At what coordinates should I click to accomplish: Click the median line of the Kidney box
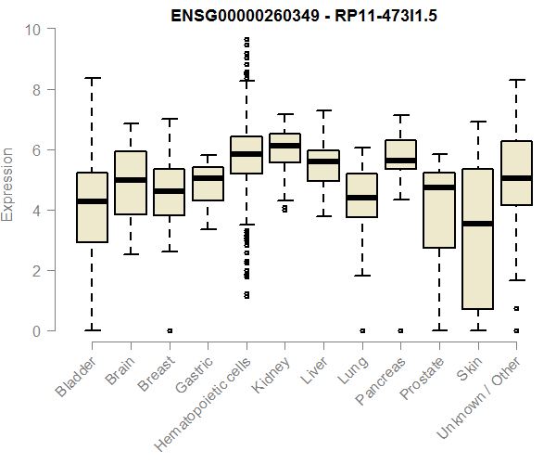(x=284, y=146)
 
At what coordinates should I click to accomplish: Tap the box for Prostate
(x=438, y=210)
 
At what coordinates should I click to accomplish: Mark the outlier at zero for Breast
(x=169, y=330)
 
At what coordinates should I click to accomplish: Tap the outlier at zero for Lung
(x=361, y=330)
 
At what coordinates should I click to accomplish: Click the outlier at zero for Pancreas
(x=400, y=330)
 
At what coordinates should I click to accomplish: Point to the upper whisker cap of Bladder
(x=92, y=78)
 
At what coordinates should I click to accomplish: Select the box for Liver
(x=323, y=166)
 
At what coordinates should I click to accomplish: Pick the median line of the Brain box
(x=131, y=180)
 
